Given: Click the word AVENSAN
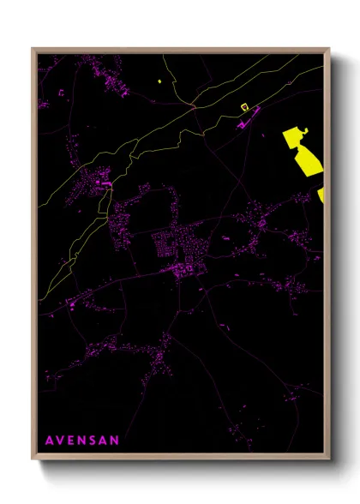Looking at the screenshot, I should (81, 440).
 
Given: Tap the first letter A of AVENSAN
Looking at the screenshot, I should (49, 440).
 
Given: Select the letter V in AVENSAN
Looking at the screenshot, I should (60, 440).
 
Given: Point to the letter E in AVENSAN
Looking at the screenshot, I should (71, 440).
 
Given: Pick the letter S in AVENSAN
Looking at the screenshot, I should (93, 440).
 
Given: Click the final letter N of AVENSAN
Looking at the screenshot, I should (115, 440).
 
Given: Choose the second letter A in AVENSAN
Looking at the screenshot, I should (104, 440).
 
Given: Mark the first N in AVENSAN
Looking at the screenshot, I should (81, 440).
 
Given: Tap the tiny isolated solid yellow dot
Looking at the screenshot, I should (160, 81).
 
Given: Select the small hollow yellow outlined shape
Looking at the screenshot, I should (244, 107).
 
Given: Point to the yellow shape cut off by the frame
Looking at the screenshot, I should (321, 196).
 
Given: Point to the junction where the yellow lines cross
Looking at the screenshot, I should (195, 108).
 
